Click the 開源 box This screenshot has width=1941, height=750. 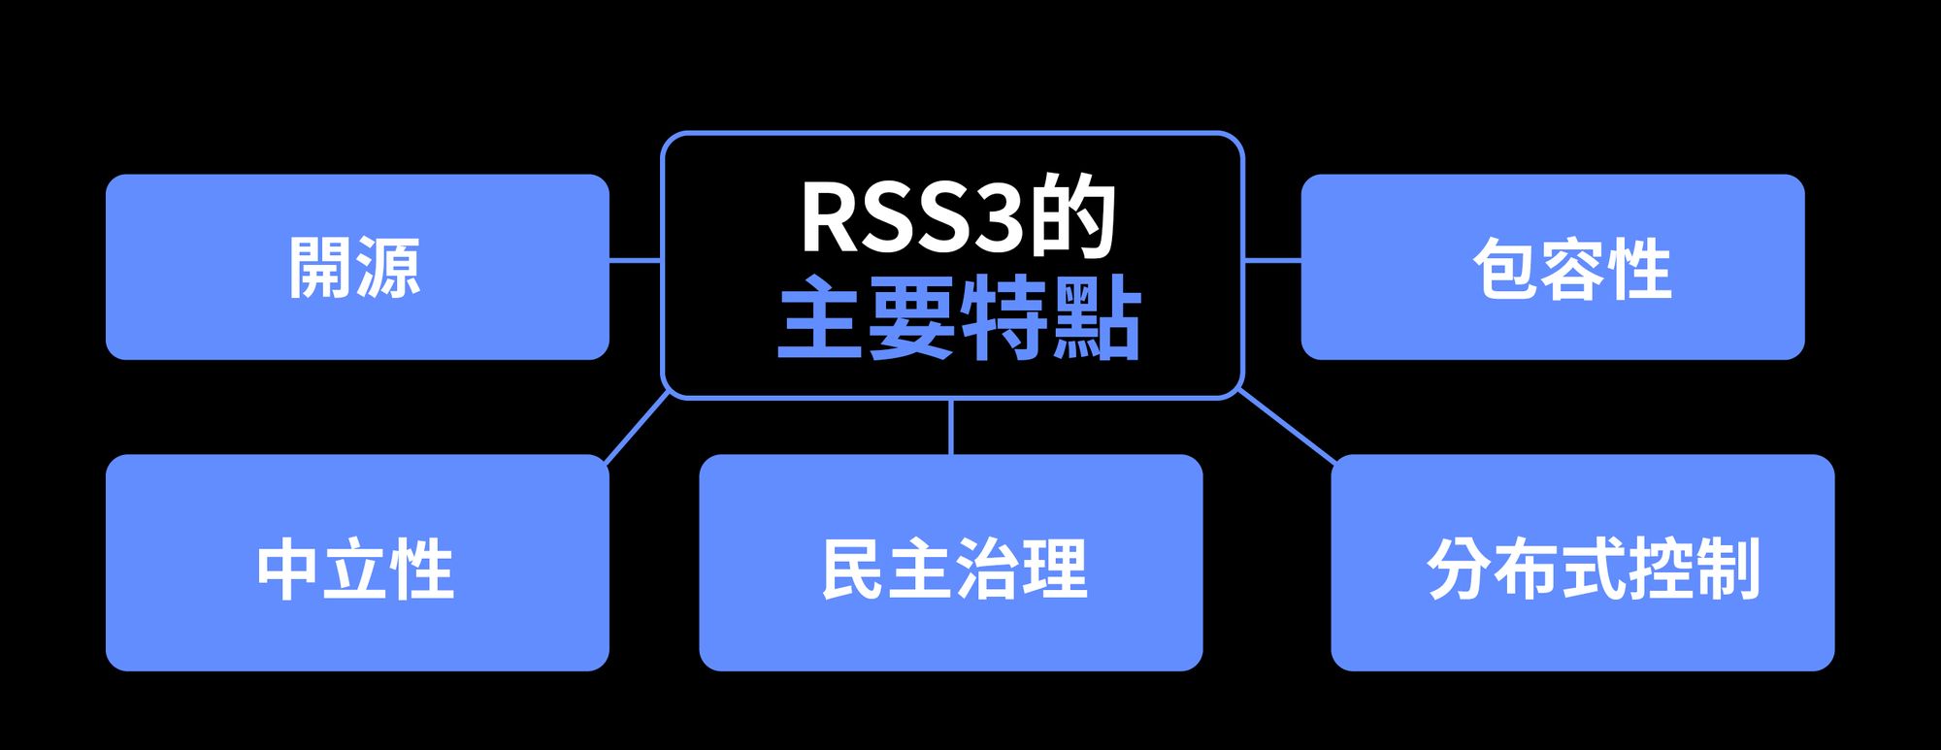tap(357, 267)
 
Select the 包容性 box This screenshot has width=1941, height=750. tap(1552, 267)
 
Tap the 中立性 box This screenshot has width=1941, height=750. tap(357, 563)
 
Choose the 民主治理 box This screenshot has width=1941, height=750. tap(950, 563)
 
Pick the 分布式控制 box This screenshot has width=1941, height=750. tap(1582, 563)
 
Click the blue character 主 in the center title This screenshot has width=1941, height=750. tap(820, 318)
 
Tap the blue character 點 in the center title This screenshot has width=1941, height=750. tap(1097, 318)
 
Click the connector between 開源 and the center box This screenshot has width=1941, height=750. tap(635, 260)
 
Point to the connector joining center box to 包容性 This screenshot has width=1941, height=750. tap(1271, 260)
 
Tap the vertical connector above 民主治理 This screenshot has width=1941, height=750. tap(950, 427)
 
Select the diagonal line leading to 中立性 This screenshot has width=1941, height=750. tap(637, 427)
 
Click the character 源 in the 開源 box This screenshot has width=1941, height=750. tap(388, 267)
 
